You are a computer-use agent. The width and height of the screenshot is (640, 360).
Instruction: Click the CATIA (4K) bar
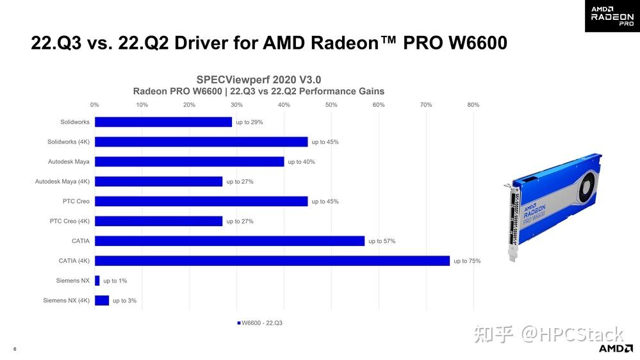272,261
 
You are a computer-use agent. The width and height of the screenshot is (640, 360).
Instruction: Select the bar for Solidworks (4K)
201,142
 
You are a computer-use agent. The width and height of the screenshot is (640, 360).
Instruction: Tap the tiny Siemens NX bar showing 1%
97,281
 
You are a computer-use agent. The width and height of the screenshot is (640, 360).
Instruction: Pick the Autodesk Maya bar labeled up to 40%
189,161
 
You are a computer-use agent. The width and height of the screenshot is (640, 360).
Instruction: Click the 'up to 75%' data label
467,261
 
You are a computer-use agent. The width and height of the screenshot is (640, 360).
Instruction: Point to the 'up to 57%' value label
382,241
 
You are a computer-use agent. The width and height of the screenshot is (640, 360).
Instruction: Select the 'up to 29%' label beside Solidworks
249,122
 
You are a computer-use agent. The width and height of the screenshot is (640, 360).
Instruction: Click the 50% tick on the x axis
331,104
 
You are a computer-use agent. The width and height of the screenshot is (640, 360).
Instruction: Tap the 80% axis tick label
473,104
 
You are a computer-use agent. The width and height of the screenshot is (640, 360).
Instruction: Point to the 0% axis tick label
95,104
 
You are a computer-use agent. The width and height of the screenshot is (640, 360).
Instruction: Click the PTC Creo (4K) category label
70,221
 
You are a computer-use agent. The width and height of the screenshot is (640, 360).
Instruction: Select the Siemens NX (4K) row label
67,300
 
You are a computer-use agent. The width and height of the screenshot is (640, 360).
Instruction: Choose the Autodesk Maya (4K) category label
62,181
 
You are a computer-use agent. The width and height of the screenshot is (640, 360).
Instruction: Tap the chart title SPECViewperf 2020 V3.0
258,79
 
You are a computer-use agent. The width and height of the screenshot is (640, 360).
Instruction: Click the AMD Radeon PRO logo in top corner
612,15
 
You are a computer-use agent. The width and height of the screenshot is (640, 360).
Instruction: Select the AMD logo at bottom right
615,348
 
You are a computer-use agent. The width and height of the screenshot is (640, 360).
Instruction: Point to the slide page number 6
15,349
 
